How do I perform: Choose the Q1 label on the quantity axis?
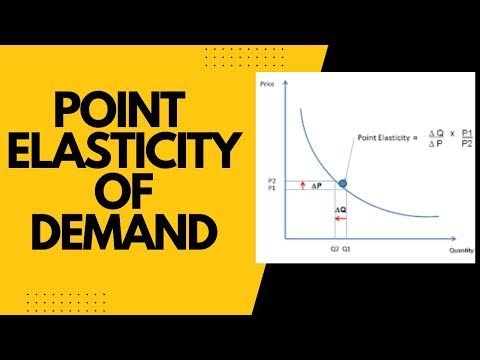[x=345, y=249]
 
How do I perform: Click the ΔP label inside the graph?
[x=315, y=186]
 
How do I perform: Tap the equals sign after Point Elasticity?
[x=411, y=137]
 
